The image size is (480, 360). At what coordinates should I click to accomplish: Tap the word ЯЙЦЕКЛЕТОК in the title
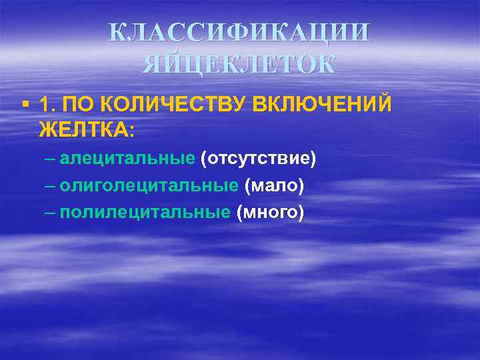239,65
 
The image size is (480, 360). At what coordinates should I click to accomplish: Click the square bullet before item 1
25,105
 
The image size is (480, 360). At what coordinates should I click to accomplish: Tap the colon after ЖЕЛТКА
131,129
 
